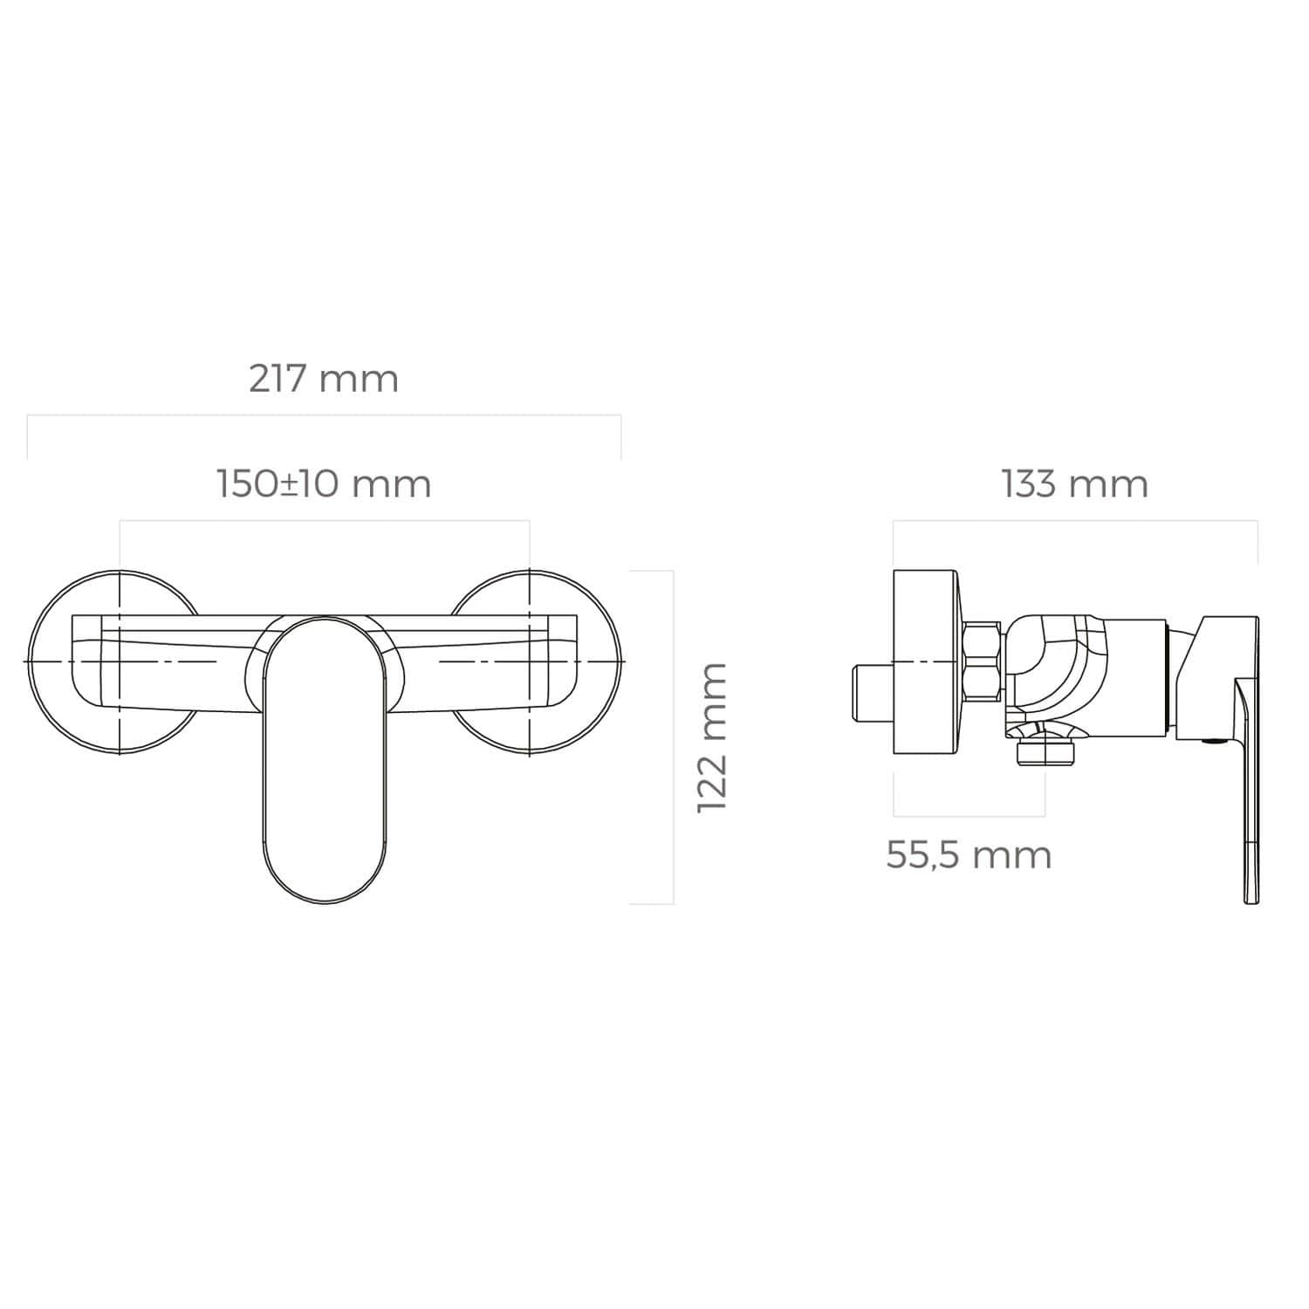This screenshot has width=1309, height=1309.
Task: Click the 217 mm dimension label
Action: [x=324, y=380]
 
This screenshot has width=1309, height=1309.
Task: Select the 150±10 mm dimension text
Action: [x=324, y=483]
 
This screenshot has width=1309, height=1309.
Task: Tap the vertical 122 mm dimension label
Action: [x=712, y=737]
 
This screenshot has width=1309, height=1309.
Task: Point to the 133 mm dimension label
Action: [x=1074, y=483]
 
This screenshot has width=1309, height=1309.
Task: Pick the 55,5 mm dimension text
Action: [x=969, y=855]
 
